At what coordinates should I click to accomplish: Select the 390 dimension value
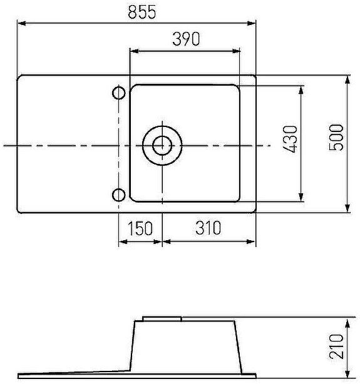(185, 39)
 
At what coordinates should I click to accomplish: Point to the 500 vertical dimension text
(336, 136)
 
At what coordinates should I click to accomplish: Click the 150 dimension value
(140, 228)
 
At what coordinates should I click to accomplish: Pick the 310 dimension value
(208, 228)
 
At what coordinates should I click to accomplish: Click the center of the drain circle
(162, 145)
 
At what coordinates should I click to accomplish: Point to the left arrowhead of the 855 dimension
(21, 23)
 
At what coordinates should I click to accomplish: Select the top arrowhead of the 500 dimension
(348, 79)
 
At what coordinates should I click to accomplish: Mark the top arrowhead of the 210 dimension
(349, 320)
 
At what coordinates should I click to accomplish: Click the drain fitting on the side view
(162, 318)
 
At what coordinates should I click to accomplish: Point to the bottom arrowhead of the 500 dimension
(348, 210)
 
